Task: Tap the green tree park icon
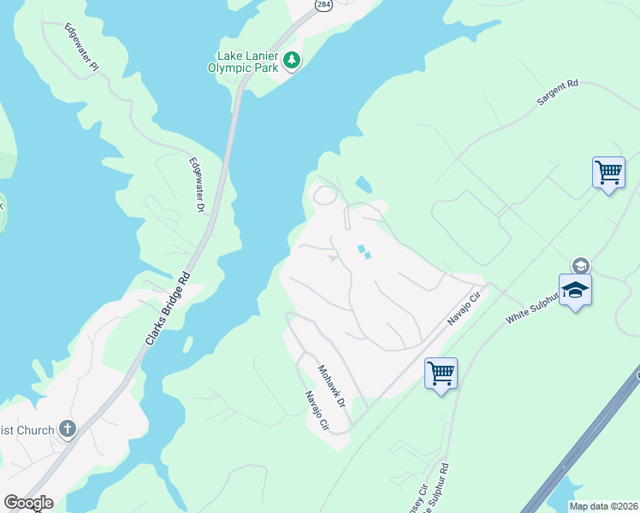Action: click(293, 60)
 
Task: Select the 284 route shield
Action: click(323, 5)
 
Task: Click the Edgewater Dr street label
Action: click(197, 185)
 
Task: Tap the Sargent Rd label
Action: click(558, 93)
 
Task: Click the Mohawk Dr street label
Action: click(330, 386)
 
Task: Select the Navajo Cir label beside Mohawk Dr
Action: click(317, 410)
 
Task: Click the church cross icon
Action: click(68, 429)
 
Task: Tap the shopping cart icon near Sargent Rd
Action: click(608, 173)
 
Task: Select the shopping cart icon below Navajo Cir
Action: click(441, 373)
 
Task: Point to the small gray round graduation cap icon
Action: click(581, 266)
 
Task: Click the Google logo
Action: click(28, 503)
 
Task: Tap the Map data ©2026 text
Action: click(603, 506)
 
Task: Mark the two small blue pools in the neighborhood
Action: click(364, 251)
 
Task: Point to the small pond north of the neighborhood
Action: click(364, 184)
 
